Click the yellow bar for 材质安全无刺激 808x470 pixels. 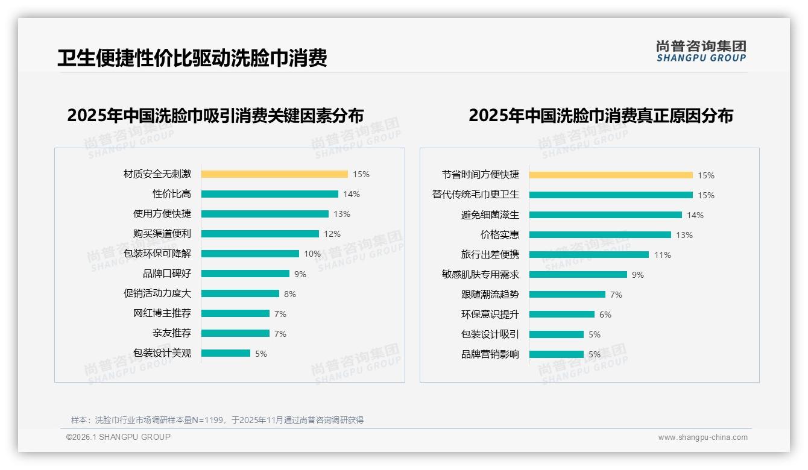(274, 174)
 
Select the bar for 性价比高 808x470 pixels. (270, 194)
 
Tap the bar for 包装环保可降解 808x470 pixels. (250, 254)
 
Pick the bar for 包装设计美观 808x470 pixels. (226, 353)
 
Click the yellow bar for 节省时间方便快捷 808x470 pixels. (611, 175)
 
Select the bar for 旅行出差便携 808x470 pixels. (589, 255)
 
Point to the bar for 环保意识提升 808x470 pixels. (562, 315)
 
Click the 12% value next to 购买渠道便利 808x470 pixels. (332, 234)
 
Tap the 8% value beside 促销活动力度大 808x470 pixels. (290, 294)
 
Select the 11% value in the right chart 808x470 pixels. (662, 255)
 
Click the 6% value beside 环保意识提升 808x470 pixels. (605, 315)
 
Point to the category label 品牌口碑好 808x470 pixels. (167, 274)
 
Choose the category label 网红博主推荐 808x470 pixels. (162, 313)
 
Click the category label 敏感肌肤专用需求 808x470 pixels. (481, 275)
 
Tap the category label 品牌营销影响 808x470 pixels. (490, 354)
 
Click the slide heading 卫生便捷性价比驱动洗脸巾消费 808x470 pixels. (192, 58)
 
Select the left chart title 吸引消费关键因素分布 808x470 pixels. (215, 115)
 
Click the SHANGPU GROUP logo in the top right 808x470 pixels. (701, 51)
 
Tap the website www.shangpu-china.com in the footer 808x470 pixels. (702, 437)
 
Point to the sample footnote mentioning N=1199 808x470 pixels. (217, 420)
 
